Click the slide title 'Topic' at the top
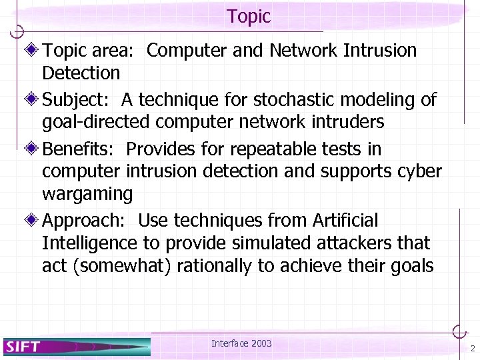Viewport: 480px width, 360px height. [248, 16]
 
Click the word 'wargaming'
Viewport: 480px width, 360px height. [87, 195]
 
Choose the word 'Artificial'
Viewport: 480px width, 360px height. [341, 220]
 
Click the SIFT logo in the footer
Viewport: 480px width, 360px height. [24, 346]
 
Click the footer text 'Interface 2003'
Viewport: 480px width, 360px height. [241, 343]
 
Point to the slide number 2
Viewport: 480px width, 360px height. [472, 349]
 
